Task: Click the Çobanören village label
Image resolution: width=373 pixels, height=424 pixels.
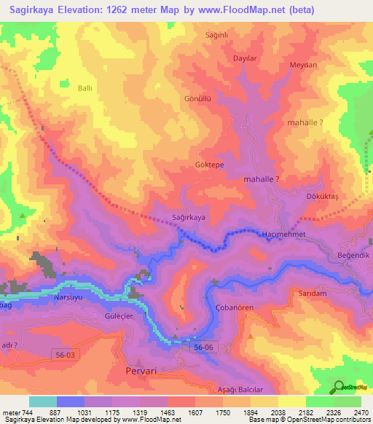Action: pyautogui.click(x=235, y=308)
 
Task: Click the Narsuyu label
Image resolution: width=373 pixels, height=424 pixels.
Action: pyautogui.click(x=71, y=298)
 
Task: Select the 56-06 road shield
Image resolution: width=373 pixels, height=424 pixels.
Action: pyautogui.click(x=204, y=349)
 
